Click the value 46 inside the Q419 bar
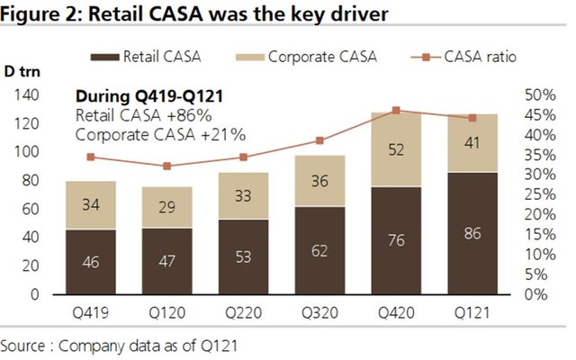click(90, 263)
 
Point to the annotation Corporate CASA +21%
click(161, 135)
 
